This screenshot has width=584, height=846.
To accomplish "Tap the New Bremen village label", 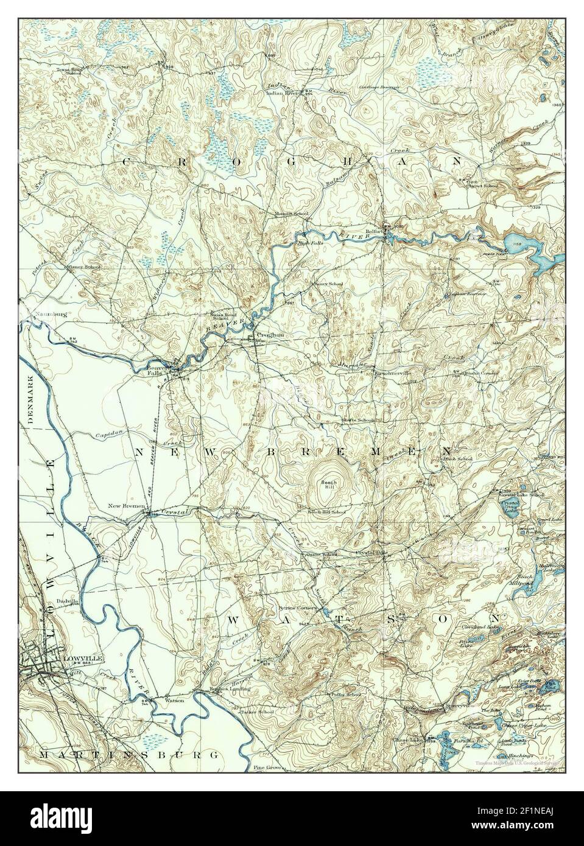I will (x=126, y=506).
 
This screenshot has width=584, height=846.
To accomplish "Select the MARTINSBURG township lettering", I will (x=128, y=754).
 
